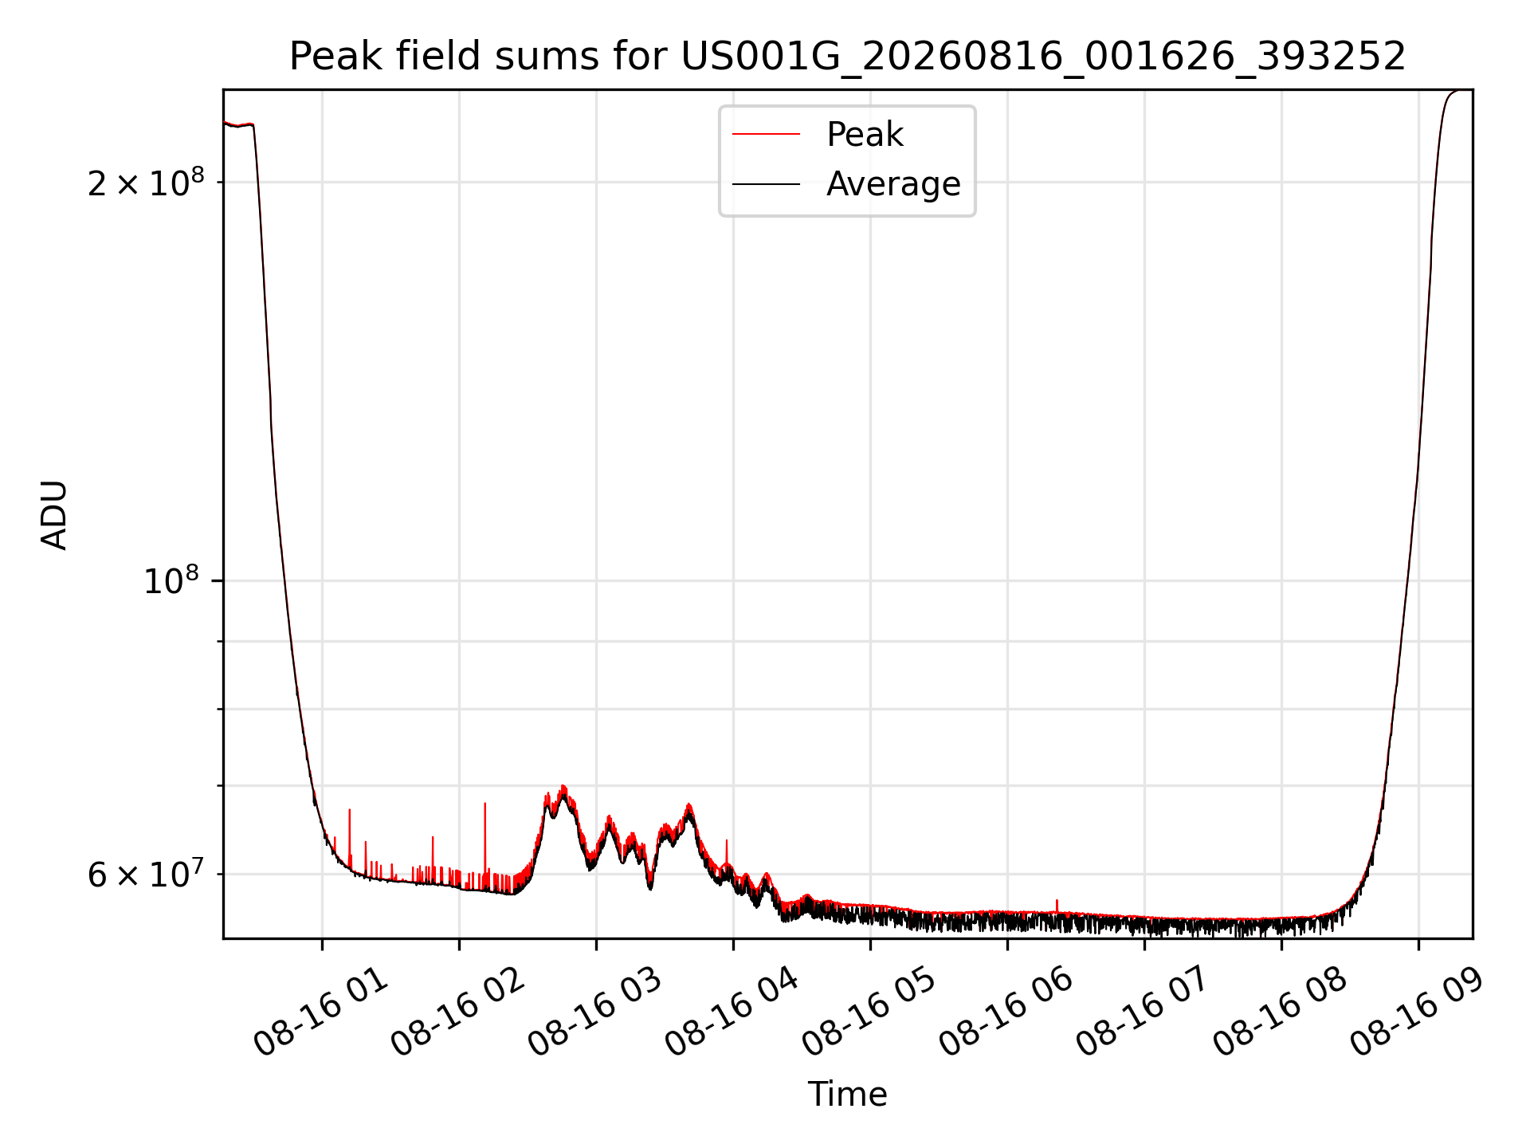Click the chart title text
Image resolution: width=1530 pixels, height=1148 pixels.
tap(847, 57)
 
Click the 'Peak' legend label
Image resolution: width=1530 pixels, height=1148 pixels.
tap(865, 135)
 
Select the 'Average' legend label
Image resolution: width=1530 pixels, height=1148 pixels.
tap(893, 184)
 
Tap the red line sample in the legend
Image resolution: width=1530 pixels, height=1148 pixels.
tap(766, 135)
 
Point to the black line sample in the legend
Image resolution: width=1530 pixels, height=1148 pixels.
tap(766, 184)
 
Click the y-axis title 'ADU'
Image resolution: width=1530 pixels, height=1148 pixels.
tap(54, 514)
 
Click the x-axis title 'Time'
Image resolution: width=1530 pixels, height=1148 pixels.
tap(847, 1095)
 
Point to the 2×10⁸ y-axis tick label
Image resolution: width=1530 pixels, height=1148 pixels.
tap(146, 183)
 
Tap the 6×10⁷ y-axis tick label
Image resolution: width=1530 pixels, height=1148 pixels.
tap(146, 874)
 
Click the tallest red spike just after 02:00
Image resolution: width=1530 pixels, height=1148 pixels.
tap(484, 837)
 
